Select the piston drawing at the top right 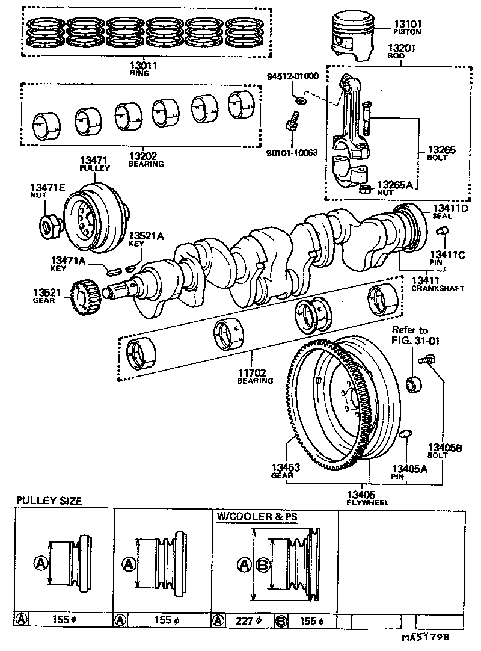click(x=357, y=37)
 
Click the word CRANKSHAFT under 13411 click(x=438, y=288)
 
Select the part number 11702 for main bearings click(x=255, y=372)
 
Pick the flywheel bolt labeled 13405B click(x=428, y=360)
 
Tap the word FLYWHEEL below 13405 click(x=369, y=502)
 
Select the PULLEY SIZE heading click(x=49, y=501)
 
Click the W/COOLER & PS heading click(x=257, y=516)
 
